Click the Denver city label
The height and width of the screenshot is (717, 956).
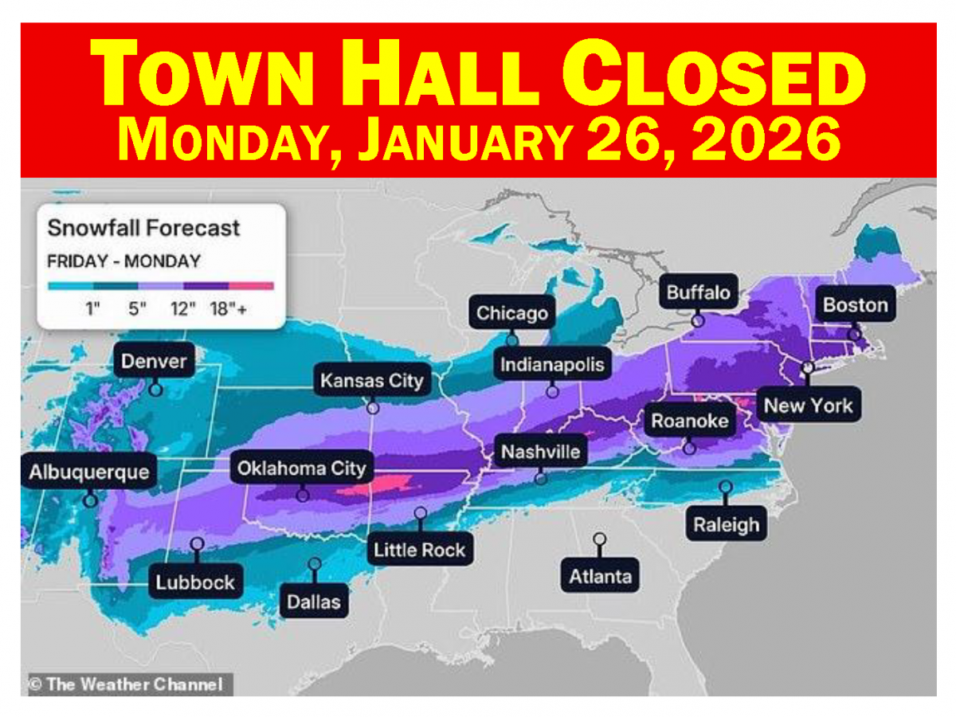click(x=154, y=362)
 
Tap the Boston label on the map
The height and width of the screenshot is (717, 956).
click(x=855, y=305)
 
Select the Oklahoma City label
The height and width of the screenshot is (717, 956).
click(x=301, y=468)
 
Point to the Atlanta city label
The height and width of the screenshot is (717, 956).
click(x=600, y=576)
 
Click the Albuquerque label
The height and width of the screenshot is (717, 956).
click(x=88, y=472)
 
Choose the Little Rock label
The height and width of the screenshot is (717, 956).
click(x=419, y=550)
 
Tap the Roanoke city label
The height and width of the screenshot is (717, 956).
click(x=690, y=421)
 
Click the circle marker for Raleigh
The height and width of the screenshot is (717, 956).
click(x=725, y=486)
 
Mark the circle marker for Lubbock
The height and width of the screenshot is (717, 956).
click(x=197, y=543)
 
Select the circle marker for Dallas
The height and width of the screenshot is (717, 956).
click(x=315, y=564)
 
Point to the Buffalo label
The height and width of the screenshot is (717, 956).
click(x=698, y=292)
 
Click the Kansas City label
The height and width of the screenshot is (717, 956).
click(x=371, y=381)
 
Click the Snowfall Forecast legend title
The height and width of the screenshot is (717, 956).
click(x=143, y=228)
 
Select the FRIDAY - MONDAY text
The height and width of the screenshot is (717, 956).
click(x=123, y=261)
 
